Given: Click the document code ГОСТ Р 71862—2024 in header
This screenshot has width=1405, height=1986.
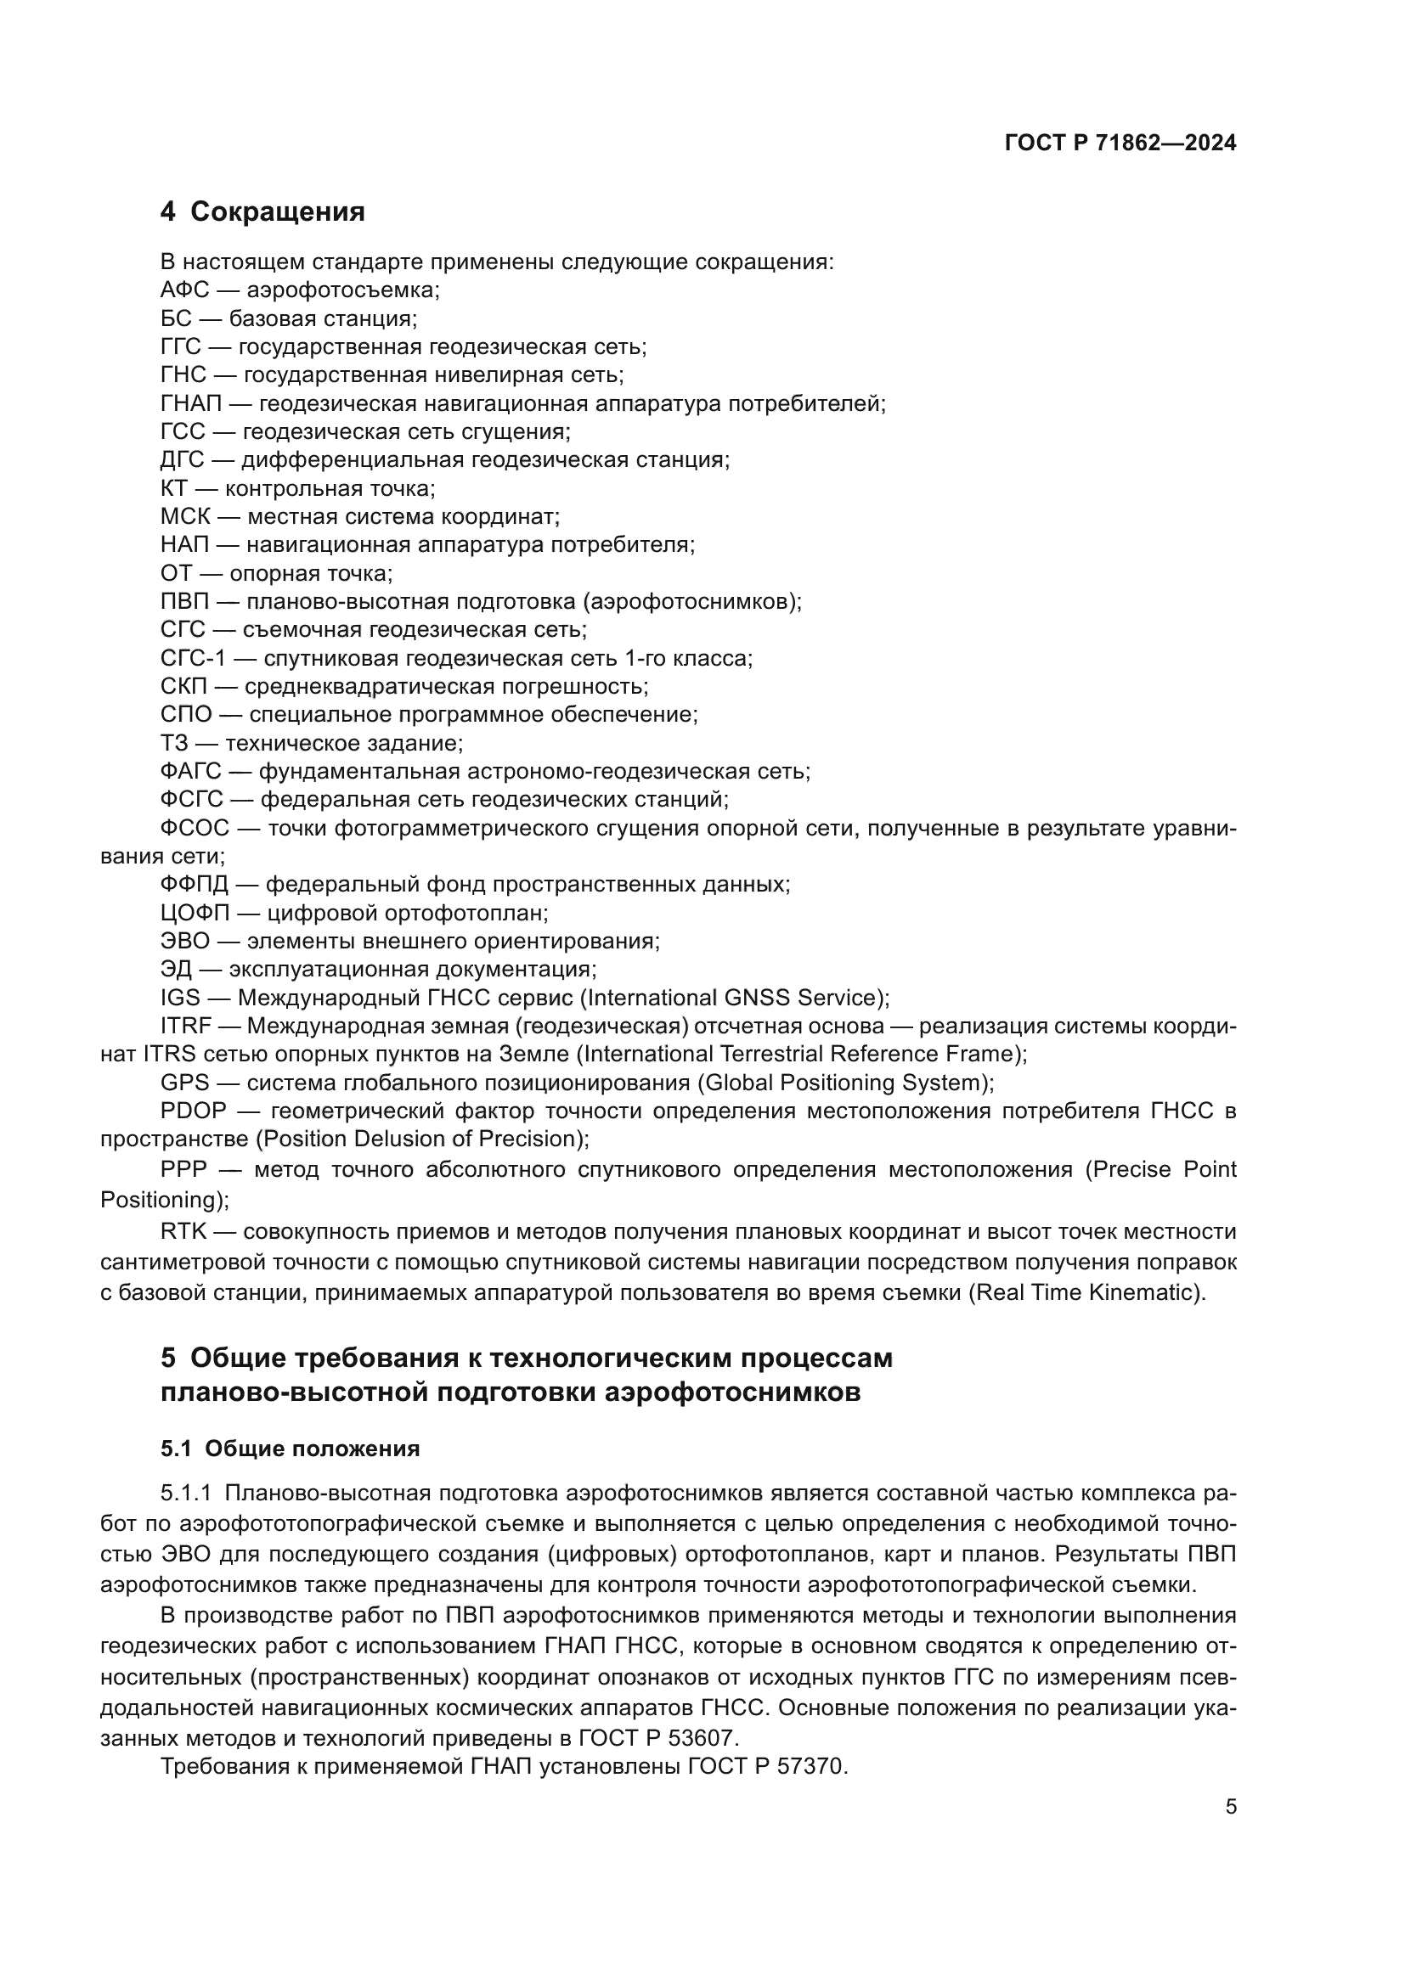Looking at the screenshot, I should tap(1120, 143).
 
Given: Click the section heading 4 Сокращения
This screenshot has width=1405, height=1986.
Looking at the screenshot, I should tap(262, 212).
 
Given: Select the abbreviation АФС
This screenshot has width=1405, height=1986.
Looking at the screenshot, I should tap(184, 290).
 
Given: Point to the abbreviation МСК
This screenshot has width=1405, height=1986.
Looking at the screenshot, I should tap(185, 517).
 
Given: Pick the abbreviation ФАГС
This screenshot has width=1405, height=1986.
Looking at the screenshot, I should tap(190, 771).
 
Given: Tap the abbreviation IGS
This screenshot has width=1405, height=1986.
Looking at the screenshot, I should tap(180, 998).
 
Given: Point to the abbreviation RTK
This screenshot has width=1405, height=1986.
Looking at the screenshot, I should tap(183, 1231).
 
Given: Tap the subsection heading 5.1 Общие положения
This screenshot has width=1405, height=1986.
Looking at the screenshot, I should tap(290, 1449).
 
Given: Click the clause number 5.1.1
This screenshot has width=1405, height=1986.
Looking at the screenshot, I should tap(185, 1494).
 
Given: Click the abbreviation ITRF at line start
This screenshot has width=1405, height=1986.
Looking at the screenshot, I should tap(185, 1026).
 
